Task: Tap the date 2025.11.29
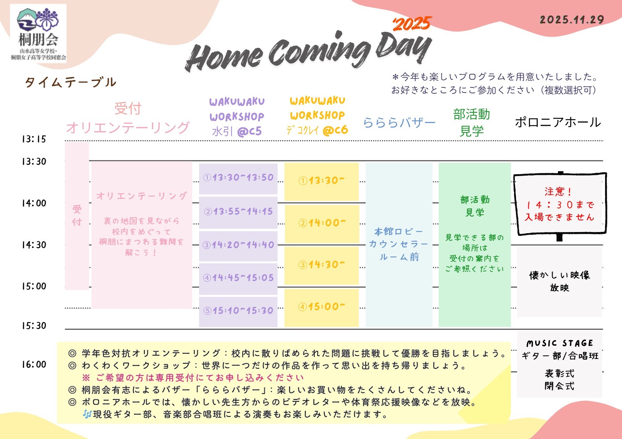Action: point(572,20)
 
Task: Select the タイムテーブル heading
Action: point(71,82)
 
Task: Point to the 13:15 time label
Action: point(34,139)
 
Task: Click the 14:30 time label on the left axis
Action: point(34,245)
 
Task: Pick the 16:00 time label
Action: point(34,364)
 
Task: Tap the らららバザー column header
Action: point(399,122)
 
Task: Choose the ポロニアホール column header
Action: point(558,122)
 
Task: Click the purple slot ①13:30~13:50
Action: point(238,177)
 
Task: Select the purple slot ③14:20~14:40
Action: point(238,245)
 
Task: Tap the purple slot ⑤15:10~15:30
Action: point(238,311)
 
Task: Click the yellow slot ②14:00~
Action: point(322,223)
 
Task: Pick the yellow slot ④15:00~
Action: point(321,307)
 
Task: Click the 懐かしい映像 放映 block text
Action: point(560,281)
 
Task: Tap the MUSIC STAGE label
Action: point(560,343)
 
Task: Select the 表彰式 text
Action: point(560,374)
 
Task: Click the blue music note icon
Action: point(87,415)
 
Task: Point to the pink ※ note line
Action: point(193,378)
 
